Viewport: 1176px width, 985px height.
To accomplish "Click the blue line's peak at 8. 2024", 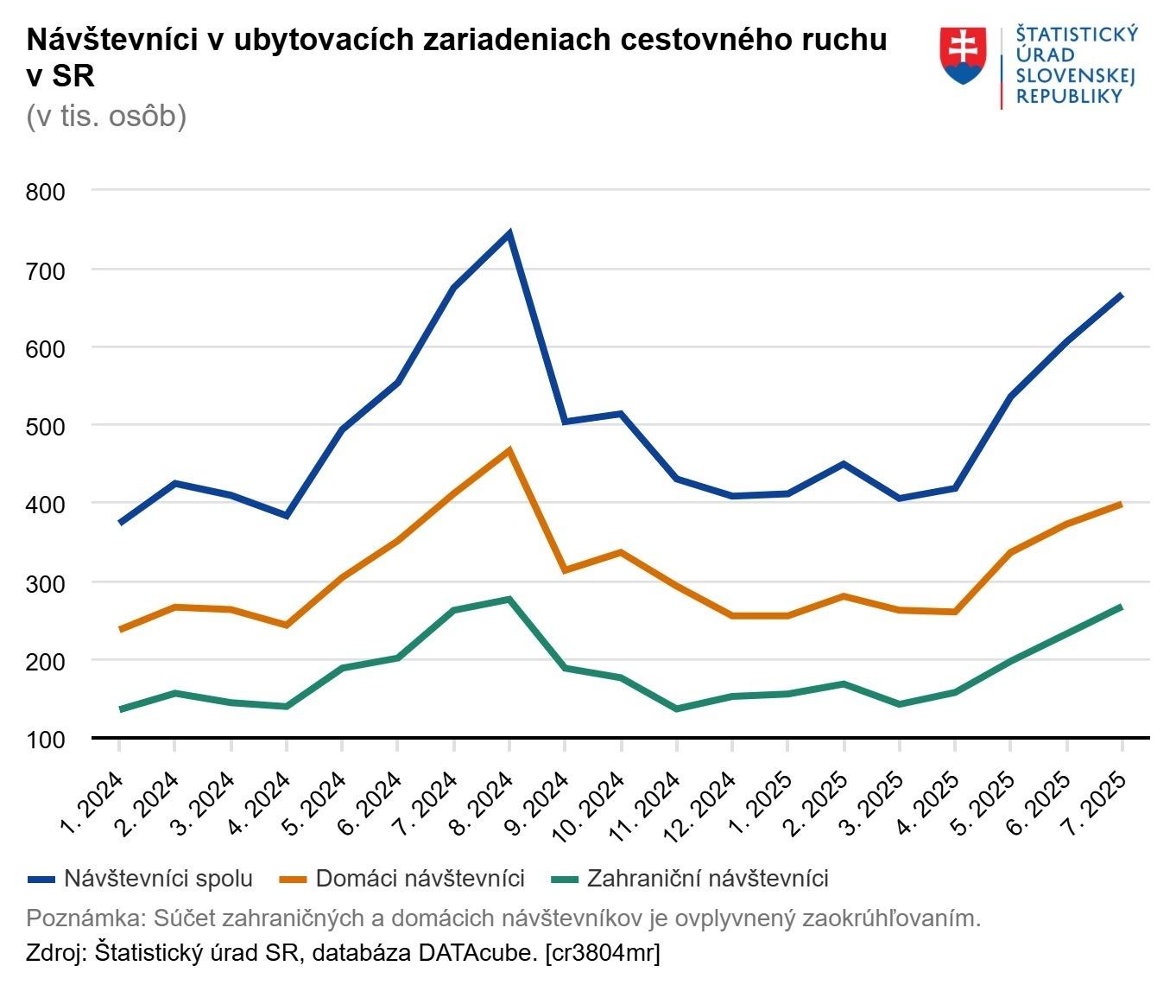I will tap(509, 233).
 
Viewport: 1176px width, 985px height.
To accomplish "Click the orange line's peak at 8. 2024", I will tap(509, 450).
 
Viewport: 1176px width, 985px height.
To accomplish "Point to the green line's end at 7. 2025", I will tap(1121, 607).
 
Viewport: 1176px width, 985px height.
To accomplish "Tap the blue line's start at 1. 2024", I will tap(120, 523).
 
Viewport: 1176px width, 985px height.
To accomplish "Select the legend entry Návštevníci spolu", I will tap(141, 879).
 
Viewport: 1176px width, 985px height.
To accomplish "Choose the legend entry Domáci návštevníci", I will tap(403, 879).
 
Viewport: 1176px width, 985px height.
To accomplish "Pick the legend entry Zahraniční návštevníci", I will tap(690, 879).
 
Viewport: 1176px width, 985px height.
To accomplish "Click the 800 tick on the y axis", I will tap(46, 192).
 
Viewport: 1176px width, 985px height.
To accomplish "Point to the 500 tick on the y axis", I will tap(46, 426).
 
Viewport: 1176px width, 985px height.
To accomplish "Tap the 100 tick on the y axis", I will tap(46, 740).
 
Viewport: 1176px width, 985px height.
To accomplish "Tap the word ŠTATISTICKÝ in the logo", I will tap(1077, 34).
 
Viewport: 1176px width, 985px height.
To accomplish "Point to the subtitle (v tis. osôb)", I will tap(106, 116).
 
